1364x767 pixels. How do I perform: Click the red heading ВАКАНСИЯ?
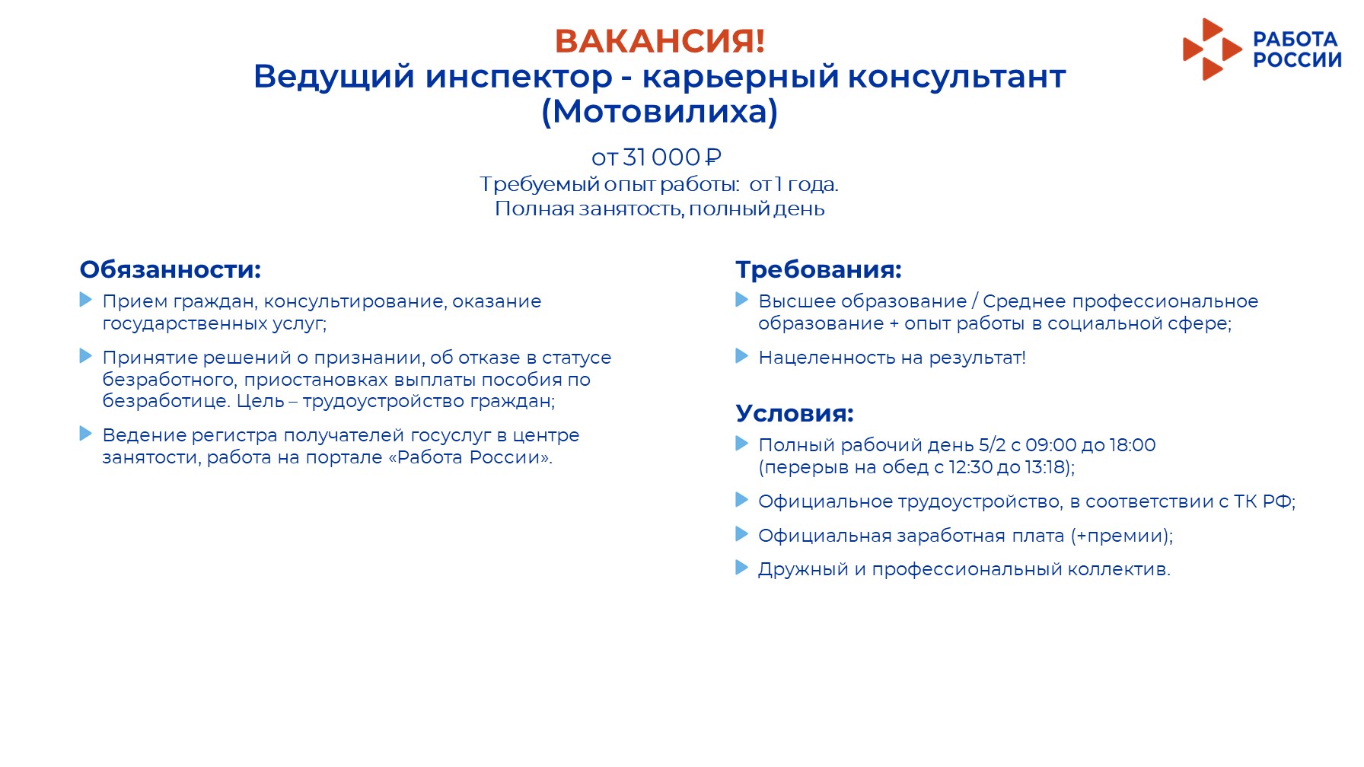pyautogui.click(x=660, y=41)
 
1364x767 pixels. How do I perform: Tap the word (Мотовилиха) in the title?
pyautogui.click(x=660, y=111)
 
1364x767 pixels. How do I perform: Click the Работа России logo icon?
pyautogui.click(x=1212, y=49)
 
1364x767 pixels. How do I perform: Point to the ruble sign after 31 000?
pyautogui.click(x=713, y=158)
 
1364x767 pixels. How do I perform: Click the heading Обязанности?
pyautogui.click(x=170, y=269)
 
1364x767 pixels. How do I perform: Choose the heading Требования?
pyautogui.click(x=818, y=269)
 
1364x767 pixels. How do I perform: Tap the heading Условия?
pyautogui.click(x=795, y=413)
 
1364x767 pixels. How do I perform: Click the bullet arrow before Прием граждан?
pyautogui.click(x=86, y=300)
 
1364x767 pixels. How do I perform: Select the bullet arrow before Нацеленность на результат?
pyautogui.click(x=742, y=355)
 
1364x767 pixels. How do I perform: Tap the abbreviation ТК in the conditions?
pyautogui.click(x=1245, y=501)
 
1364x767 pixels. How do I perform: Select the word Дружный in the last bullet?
pyautogui.click(x=803, y=569)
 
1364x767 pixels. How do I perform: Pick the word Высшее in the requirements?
pyautogui.click(x=792, y=301)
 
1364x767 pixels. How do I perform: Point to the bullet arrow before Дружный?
pyautogui.click(x=742, y=568)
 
